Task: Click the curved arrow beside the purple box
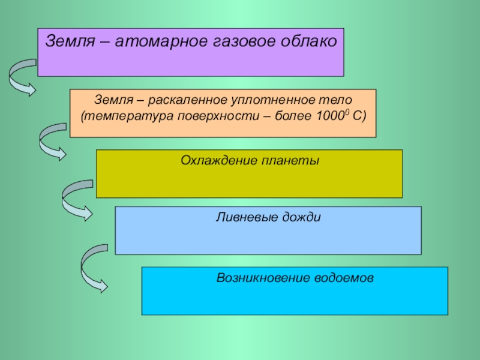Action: point(22,77)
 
